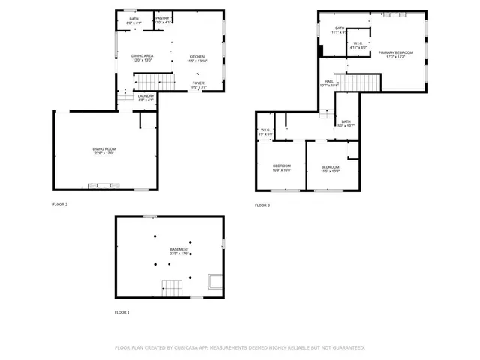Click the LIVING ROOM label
[x=103, y=149]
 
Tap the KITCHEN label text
[x=196, y=57]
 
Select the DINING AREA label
[x=142, y=56]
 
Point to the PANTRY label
[x=163, y=18]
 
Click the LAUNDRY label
[x=145, y=95]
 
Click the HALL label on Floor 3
[x=328, y=81]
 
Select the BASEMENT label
[x=178, y=249]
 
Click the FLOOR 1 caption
[x=121, y=312]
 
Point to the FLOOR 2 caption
[x=60, y=205]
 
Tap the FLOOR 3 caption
[x=262, y=205]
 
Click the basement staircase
[x=173, y=287]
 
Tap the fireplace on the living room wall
[x=103, y=184]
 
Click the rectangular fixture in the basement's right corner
[x=214, y=281]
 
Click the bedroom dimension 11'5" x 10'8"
[x=330, y=171]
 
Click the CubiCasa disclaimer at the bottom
[x=239, y=348]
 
